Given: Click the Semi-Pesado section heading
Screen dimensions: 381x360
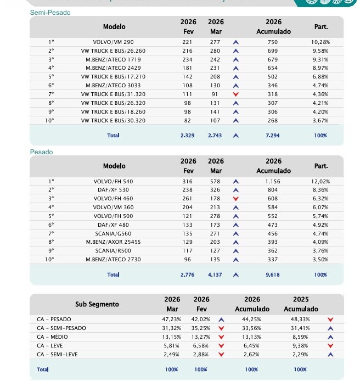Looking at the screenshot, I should (50, 12).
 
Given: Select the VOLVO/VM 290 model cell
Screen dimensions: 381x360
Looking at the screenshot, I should (114, 42).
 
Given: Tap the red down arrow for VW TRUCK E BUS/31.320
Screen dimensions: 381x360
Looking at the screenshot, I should (236, 94).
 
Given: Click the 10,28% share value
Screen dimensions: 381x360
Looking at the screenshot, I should (320, 42).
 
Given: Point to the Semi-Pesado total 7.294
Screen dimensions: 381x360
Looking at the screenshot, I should (273, 136).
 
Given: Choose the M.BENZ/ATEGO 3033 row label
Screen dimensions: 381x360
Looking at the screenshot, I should (113, 86).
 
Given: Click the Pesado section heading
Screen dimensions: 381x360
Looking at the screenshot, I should (42, 152).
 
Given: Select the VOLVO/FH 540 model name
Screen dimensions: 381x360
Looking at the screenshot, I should (113, 181).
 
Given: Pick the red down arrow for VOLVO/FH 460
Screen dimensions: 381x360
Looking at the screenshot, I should (236, 199).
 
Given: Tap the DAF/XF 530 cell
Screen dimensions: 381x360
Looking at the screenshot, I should (113, 190).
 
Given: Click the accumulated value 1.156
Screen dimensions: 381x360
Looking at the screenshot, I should (273, 181).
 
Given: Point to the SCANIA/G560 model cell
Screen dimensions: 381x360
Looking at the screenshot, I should (113, 233).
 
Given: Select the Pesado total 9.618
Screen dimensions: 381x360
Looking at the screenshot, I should (273, 274).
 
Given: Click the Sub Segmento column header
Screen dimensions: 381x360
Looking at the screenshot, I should (97, 304).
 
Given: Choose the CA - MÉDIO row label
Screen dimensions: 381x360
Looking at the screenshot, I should (54, 337).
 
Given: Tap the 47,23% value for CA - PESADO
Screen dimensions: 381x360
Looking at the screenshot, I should (172, 319).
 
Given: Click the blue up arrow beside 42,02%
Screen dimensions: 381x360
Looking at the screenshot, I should (221, 319).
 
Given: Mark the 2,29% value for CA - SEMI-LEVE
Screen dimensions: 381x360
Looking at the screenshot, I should (300, 354).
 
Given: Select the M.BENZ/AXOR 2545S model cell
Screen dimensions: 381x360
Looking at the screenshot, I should (113, 242).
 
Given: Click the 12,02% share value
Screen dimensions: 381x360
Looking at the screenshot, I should (320, 181).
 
